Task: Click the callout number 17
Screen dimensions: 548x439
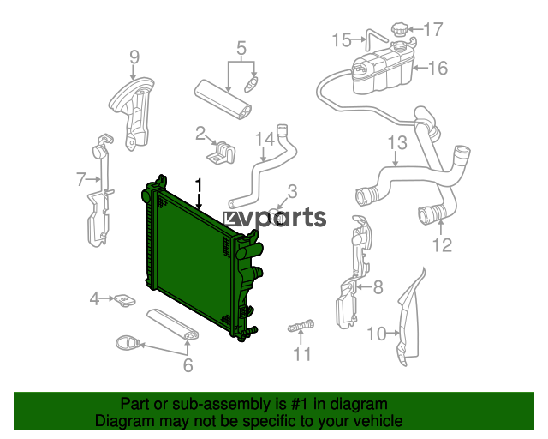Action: click(x=433, y=29)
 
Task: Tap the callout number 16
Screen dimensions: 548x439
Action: click(x=438, y=68)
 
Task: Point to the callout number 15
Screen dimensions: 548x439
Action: click(x=342, y=40)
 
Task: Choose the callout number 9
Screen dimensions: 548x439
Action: click(x=134, y=57)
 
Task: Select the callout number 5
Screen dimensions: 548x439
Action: click(x=241, y=48)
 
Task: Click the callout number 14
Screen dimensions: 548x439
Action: click(x=265, y=139)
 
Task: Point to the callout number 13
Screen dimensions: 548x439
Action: click(x=397, y=143)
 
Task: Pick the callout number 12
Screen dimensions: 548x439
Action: click(x=443, y=245)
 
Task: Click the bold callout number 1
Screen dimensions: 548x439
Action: click(x=199, y=185)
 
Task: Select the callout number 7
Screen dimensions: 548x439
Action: click(x=81, y=179)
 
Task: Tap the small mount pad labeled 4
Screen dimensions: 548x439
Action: click(x=125, y=300)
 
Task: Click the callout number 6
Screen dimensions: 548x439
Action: click(x=188, y=365)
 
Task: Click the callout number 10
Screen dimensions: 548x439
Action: click(x=377, y=334)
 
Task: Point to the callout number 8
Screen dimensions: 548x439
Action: click(x=378, y=287)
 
